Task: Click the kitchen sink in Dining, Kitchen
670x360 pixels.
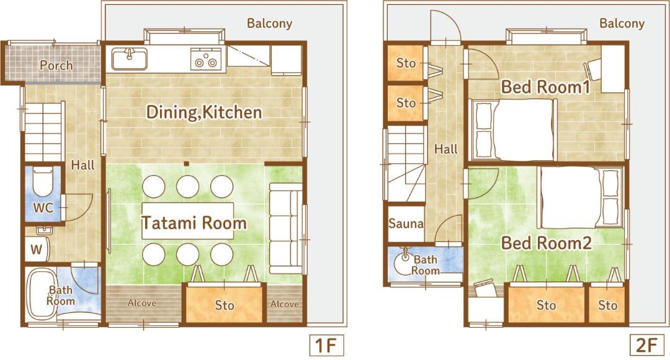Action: coord(130,58)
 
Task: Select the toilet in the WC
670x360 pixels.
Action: coord(43,182)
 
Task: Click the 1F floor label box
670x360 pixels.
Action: coord(327,345)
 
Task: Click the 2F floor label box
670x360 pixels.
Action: coord(647,345)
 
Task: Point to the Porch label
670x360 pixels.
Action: coord(56,65)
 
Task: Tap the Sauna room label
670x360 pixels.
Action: coord(406,223)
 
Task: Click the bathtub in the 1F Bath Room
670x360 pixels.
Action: coord(40,295)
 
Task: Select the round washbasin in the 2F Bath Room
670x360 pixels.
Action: coord(403,263)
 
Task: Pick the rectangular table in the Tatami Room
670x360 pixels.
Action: coord(188,221)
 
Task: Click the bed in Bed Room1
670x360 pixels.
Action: coord(514,130)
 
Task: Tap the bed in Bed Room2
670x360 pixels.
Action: coord(580,197)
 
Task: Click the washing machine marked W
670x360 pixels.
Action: coord(37,249)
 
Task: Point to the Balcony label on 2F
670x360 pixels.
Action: coord(622,23)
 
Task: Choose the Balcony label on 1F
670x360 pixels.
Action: coord(269,23)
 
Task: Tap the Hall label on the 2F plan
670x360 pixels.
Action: coord(445,149)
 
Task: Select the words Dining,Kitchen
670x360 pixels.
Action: coord(204,112)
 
